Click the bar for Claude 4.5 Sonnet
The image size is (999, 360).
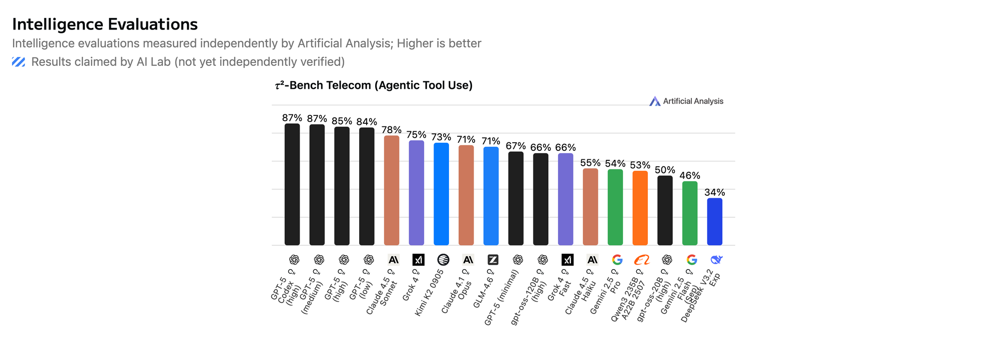(392, 190)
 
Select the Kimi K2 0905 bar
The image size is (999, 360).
(441, 194)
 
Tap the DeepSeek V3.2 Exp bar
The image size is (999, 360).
(714, 222)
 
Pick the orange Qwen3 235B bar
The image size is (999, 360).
(640, 208)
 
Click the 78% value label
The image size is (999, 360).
(392, 130)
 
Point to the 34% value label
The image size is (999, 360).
(714, 192)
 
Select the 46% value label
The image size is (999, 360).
(690, 175)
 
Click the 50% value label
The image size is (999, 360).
(665, 170)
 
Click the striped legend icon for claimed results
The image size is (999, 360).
(18, 62)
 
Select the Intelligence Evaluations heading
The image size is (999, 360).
(105, 24)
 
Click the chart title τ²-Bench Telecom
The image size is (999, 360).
(374, 85)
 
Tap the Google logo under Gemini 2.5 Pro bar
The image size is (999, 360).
(617, 260)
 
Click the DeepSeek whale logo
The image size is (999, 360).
(716, 260)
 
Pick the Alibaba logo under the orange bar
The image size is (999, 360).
(641, 260)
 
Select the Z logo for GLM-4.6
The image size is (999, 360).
(493, 260)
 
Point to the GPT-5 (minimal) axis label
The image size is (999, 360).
(502, 297)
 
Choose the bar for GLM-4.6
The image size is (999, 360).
(491, 196)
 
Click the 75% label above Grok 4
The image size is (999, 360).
(416, 135)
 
